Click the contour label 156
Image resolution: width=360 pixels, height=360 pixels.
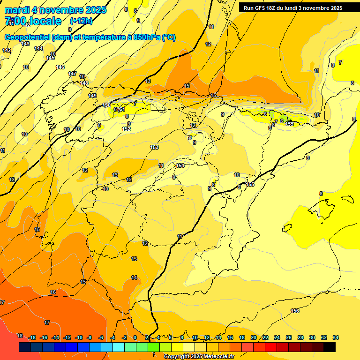295,311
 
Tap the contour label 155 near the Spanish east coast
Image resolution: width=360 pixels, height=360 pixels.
250,184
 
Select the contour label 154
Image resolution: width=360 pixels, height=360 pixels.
180,165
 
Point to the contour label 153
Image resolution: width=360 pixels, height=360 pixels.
154,147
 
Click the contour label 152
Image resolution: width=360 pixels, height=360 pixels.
126,129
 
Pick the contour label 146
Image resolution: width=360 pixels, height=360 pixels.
60,67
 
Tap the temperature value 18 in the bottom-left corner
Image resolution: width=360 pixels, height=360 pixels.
20,336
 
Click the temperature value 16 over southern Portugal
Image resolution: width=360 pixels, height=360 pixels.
53,292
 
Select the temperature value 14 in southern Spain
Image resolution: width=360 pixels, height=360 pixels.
134,277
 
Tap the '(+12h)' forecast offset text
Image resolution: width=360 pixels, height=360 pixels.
81,21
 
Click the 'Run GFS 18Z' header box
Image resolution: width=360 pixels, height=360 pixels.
292,8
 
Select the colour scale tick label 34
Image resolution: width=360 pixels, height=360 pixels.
336,337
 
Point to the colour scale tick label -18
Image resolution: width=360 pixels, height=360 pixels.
32,337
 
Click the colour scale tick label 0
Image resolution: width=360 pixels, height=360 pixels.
135,337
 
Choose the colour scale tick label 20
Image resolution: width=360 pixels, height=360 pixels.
253,337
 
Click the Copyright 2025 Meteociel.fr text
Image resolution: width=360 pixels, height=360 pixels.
199,356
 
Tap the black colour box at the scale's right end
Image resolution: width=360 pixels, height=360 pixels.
330,347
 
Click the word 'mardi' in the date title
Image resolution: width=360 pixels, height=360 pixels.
17,10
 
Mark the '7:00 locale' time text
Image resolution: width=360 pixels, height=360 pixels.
33,21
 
